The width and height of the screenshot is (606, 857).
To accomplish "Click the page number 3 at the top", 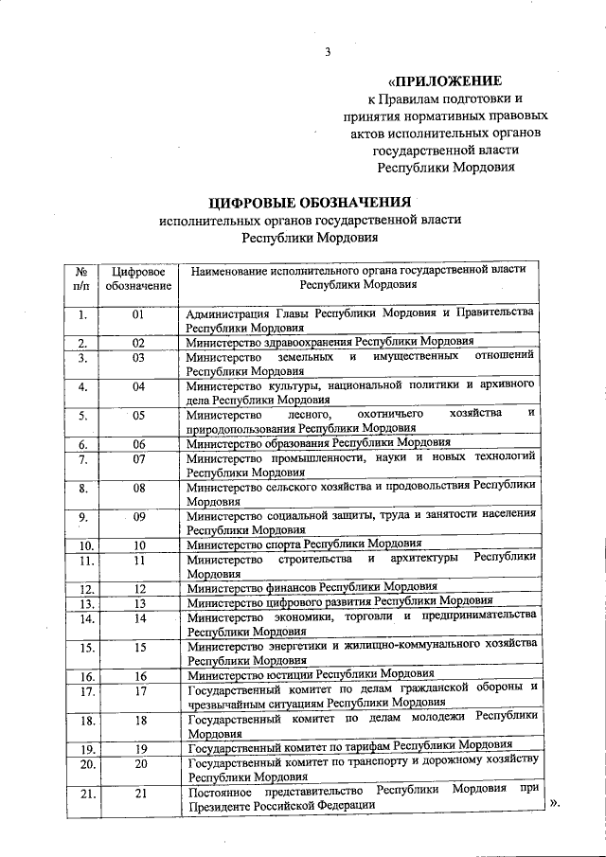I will [x=327, y=53].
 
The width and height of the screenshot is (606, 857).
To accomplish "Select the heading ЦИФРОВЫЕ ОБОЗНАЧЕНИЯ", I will [x=310, y=201].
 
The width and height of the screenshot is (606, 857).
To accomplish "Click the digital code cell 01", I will [x=138, y=313].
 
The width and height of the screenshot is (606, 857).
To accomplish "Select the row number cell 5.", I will [x=82, y=415].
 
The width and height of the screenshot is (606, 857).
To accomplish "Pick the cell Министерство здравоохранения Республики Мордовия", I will [x=330, y=342].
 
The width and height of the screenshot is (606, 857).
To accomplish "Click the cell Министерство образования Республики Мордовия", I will [x=318, y=442].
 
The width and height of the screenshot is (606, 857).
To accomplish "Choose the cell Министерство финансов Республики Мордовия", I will [x=312, y=587].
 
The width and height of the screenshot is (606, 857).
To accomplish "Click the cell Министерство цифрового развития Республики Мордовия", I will [x=340, y=601].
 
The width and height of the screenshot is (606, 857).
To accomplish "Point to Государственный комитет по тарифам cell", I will [x=349, y=746].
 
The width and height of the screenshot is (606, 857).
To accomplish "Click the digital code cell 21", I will [x=139, y=794].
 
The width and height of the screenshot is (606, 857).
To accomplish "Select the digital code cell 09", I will [x=139, y=516].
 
